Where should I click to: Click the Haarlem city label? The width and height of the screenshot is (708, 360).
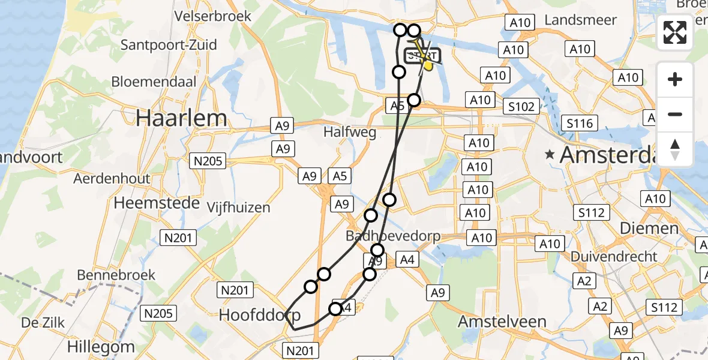(181, 118)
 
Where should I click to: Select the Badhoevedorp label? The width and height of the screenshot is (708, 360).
(394, 236)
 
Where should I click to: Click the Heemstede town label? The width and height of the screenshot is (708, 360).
(156, 203)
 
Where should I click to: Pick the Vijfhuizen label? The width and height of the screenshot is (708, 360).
(238, 208)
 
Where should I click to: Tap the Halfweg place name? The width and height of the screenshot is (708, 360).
(350, 132)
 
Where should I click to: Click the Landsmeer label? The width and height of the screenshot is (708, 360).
(580, 20)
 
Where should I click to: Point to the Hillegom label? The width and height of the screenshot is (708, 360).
(101, 346)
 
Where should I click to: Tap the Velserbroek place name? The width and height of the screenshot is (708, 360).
(212, 16)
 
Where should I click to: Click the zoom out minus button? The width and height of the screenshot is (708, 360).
(675, 114)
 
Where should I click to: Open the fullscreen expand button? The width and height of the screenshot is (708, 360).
(675, 32)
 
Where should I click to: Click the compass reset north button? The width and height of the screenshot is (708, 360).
(675, 149)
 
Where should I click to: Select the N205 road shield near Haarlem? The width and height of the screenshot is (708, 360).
(208, 160)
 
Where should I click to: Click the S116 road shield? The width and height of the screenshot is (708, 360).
(579, 124)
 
